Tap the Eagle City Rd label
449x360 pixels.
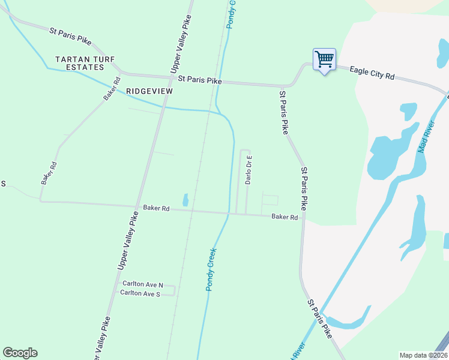click(x=373, y=73)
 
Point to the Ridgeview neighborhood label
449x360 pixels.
click(x=149, y=91)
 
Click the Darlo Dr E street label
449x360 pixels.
click(x=249, y=170)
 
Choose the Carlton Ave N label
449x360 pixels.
click(x=142, y=283)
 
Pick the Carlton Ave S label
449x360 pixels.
click(x=140, y=293)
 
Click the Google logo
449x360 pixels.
click(x=20, y=353)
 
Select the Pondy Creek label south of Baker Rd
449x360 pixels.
click(x=211, y=269)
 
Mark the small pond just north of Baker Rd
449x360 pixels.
click(x=185, y=200)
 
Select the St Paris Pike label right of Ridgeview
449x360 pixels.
click(x=196, y=79)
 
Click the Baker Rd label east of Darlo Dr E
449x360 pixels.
click(x=285, y=217)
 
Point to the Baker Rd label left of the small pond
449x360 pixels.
click(x=156, y=208)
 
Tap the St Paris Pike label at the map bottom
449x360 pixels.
click(x=319, y=320)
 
